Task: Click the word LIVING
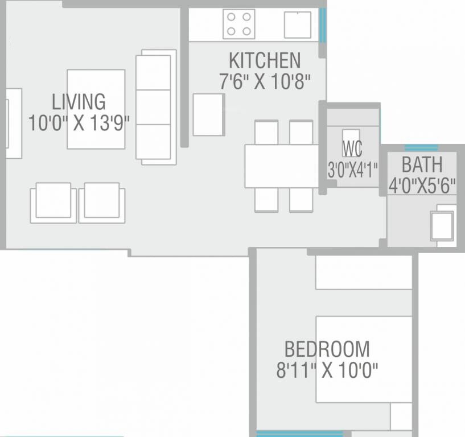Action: [x=79, y=102]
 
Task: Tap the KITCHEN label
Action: [x=265, y=60]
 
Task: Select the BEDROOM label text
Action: [x=327, y=348]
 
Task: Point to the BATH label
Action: [x=422, y=165]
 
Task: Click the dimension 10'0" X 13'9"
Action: [x=79, y=123]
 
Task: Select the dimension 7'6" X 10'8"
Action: [x=265, y=81]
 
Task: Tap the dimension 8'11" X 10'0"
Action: [x=327, y=371]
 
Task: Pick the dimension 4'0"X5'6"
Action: [x=422, y=185]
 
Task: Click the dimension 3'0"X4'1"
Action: [x=352, y=169]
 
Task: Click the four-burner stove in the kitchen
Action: [x=238, y=24]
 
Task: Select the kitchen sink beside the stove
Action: [x=297, y=25]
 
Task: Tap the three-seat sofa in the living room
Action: [x=155, y=107]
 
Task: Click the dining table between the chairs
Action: [x=281, y=166]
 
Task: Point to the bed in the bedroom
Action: [x=364, y=359]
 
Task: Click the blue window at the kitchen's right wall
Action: [x=323, y=25]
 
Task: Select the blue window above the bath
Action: [x=421, y=148]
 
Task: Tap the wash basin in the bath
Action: [x=443, y=225]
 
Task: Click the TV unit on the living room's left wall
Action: [x=13, y=123]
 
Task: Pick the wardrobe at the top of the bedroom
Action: [x=363, y=273]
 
